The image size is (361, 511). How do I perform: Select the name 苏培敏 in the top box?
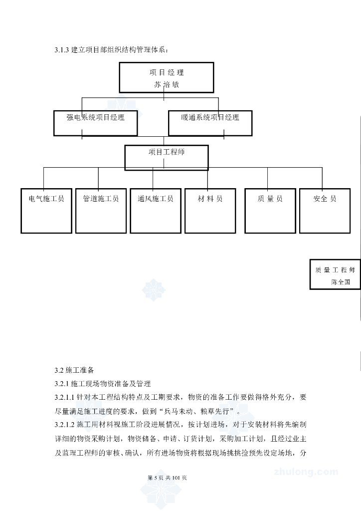tap(166, 84)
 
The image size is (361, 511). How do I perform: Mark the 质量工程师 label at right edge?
tap(335, 270)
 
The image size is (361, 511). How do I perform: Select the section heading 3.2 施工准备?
tap(73, 370)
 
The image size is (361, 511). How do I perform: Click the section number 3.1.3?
tap(62, 50)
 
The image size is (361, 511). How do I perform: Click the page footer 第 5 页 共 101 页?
tap(168, 478)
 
